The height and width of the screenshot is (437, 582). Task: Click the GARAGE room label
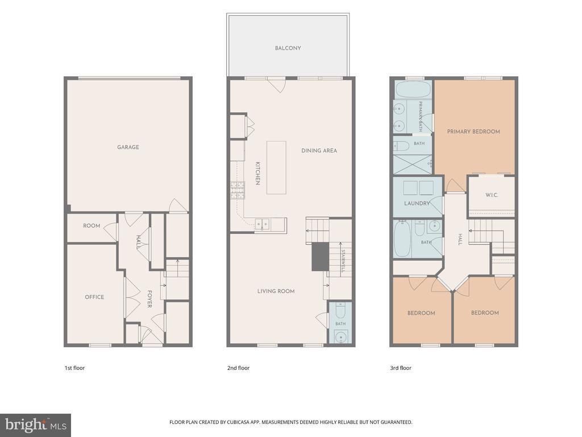(128, 147)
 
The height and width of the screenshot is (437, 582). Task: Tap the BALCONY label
(288, 48)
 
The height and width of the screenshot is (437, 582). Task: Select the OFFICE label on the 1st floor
(94, 297)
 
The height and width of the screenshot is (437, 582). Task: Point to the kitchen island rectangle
(276, 168)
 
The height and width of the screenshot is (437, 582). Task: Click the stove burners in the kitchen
(238, 190)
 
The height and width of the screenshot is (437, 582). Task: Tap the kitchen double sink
(263, 224)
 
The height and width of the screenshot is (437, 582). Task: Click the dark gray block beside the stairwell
(320, 257)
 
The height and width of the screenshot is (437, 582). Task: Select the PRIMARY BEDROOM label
(473, 131)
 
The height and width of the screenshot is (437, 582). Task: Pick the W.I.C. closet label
(492, 195)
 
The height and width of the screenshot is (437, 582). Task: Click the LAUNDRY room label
(417, 203)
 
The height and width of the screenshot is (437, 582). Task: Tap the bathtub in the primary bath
(413, 89)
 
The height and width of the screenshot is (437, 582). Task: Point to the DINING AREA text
(319, 150)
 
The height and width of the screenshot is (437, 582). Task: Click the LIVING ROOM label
(276, 291)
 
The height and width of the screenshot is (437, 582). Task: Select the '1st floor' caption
(74, 368)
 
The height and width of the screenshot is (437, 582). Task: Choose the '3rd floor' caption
(401, 368)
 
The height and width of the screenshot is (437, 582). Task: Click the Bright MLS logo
(36, 425)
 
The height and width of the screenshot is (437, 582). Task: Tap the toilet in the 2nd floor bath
(340, 310)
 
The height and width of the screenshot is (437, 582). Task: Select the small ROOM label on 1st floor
(92, 225)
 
